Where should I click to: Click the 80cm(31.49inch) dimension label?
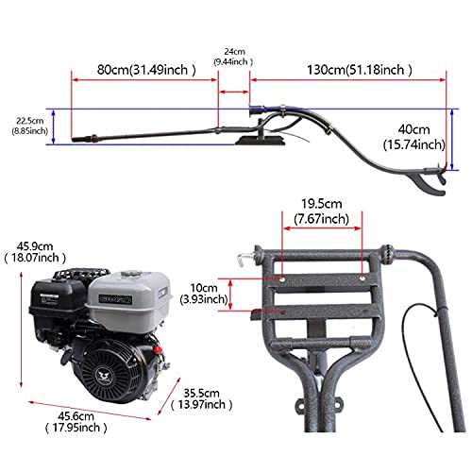146,70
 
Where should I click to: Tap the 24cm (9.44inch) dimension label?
233,57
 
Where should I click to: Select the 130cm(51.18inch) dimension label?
360,70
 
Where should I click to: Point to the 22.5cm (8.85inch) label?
30,126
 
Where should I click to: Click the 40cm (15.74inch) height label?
414,137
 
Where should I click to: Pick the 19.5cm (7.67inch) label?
322,211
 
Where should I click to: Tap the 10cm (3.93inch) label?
204,294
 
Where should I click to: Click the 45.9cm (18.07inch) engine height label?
35,252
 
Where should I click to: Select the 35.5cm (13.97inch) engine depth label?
201,398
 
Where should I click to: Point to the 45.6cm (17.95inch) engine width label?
76,422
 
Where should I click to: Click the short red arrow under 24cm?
234,92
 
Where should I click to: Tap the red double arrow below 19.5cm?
322,228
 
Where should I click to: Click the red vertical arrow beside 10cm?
230,295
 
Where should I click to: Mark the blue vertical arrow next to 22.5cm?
54,126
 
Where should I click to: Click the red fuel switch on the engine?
157,349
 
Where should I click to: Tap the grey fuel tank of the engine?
129,300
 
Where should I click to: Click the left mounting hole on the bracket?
282,278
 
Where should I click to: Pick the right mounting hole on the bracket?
362,278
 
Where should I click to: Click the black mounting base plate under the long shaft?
261,140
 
